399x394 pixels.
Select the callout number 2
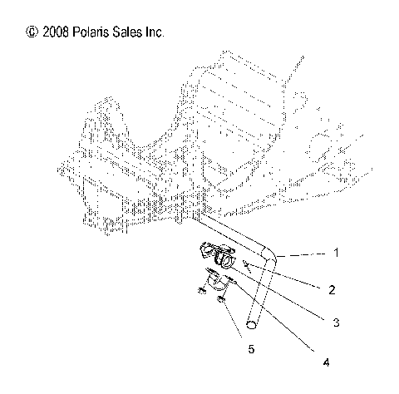(x=332, y=290)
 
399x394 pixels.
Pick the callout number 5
(x=252, y=348)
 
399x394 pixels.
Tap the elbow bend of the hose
(x=268, y=253)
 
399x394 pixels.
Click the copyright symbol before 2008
(x=32, y=32)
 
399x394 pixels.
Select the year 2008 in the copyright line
(x=55, y=32)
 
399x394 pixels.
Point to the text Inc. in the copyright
(x=156, y=32)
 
